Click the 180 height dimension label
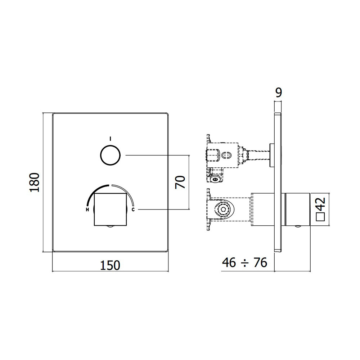click(x=35, y=183)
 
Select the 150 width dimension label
click(x=110, y=265)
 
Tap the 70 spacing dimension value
click(x=180, y=182)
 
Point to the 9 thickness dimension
click(x=279, y=93)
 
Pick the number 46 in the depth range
click(x=229, y=262)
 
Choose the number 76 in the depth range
click(x=260, y=262)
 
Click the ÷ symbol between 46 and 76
click(x=245, y=263)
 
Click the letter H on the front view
click(x=87, y=210)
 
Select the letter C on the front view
click(x=133, y=210)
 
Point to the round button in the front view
click(x=111, y=155)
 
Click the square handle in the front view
click(x=111, y=209)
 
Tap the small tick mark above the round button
click(x=111, y=139)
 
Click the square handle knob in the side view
click(x=297, y=210)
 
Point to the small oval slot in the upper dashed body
click(x=226, y=156)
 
